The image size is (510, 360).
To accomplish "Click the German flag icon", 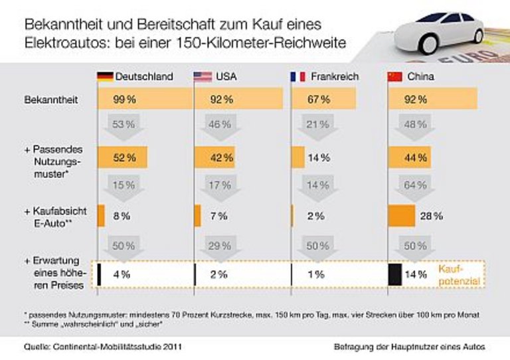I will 105,76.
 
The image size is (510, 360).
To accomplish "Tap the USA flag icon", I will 203,76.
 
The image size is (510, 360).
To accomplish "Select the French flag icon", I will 297,76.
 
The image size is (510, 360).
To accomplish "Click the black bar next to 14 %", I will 394,274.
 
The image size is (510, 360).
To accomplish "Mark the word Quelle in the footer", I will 35,346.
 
